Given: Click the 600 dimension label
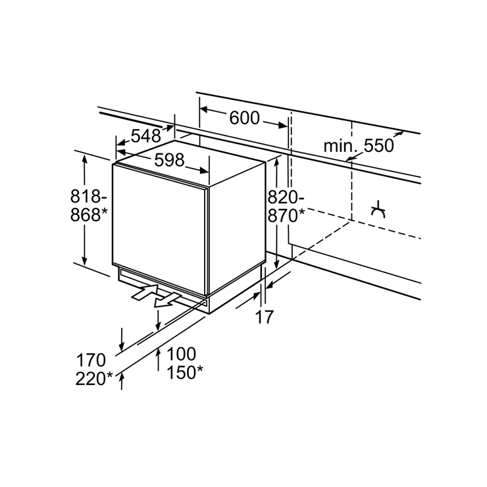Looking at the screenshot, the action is coord(244,118).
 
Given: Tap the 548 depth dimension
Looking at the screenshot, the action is coord(146,136).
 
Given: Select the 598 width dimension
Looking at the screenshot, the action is coord(170,161).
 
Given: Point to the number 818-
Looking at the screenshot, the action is coord(89,196).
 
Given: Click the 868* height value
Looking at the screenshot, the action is coord(89,215).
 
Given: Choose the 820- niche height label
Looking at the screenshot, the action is coord(286,197).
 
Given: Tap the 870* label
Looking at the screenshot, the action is coord(286,215).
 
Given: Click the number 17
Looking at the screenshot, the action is coord(265,317).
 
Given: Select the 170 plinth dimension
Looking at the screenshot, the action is coord(91,360).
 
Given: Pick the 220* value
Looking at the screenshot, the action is coord(94,378).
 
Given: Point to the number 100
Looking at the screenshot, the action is coord(182,354).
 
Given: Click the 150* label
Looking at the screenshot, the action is coord(185,372).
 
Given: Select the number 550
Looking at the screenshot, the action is coord(378,145).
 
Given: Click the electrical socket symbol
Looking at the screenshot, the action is coord(378,210).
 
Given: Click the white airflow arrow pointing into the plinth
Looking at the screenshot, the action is coord(145,292).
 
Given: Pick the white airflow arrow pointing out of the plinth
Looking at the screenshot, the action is coord(167,301).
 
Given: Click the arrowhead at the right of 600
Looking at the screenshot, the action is coord(283,125).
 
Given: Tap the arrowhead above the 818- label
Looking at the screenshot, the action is coord(84,159).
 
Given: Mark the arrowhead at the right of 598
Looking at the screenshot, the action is coord(204,170).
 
